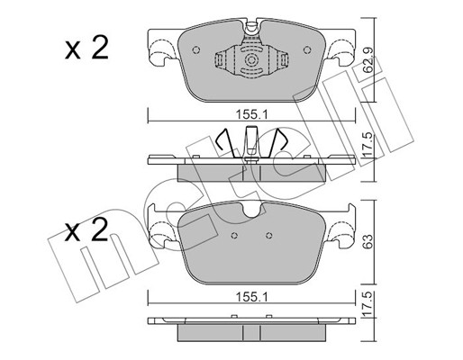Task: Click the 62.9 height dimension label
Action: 368,60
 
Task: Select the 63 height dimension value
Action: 368,241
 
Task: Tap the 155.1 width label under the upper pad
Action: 251,114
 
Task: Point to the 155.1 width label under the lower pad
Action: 251,297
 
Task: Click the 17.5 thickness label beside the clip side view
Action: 368,145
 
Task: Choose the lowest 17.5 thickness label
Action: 368,305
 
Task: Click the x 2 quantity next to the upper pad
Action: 86,48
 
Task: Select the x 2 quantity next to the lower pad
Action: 86,230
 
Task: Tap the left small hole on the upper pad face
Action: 196,49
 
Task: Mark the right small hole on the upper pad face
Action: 307,49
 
